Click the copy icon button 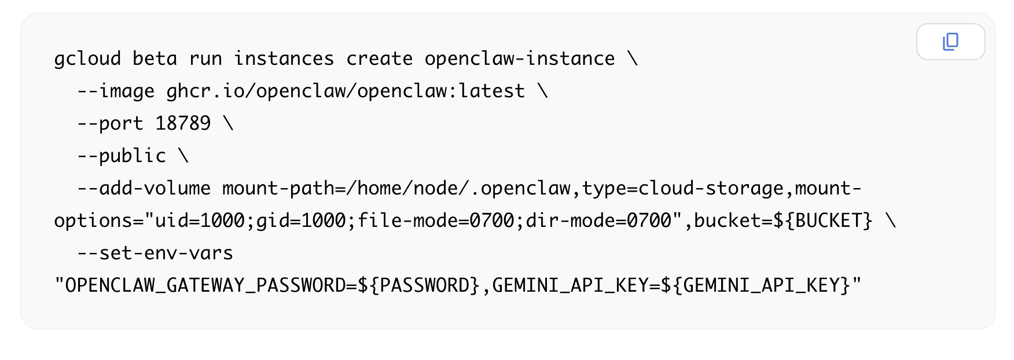[x=950, y=42]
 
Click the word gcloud [x=87, y=59]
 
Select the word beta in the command [x=155, y=59]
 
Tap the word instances [x=284, y=59]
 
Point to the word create [x=379, y=59]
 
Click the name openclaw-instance [x=520, y=59]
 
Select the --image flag [x=116, y=91]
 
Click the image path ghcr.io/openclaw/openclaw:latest [x=346, y=91]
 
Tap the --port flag [x=110, y=124]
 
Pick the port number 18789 [x=183, y=123]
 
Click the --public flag [x=122, y=156]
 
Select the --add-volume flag [x=144, y=189]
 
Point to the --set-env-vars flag [x=155, y=254]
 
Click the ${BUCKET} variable [x=822, y=221]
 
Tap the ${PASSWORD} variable [x=419, y=285]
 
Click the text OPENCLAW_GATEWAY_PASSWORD [x=205, y=286]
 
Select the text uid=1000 [x=200, y=221]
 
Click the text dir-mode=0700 [x=598, y=221]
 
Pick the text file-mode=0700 [x=436, y=221]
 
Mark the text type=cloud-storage [x=682, y=189]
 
